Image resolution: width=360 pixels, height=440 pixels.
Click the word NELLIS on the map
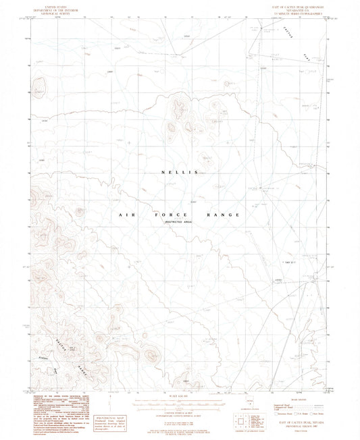coord(179,172)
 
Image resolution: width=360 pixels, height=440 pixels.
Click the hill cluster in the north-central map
coord(181,108)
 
